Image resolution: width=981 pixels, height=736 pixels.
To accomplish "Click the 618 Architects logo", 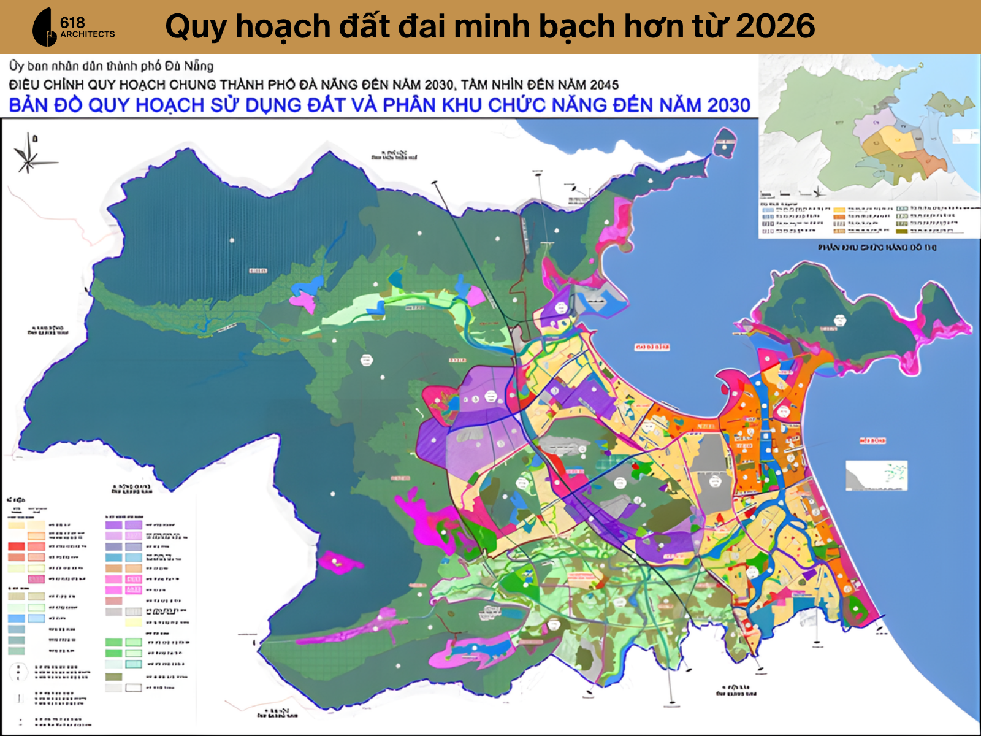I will pos(72,28).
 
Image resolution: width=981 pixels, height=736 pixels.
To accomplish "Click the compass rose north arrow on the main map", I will pos(28,153).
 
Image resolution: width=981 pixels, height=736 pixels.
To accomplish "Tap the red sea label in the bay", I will pos(652,347).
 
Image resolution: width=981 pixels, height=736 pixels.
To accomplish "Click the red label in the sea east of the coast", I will pos(872,440).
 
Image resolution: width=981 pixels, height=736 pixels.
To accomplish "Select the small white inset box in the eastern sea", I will pos(876,475).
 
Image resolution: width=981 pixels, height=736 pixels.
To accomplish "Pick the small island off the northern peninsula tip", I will pos(725,142).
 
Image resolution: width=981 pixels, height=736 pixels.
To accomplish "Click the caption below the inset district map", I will pos(877,247).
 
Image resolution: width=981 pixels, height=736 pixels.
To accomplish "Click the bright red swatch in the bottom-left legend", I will pos(17,546).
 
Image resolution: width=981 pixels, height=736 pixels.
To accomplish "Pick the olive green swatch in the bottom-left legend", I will pos(113,677).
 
